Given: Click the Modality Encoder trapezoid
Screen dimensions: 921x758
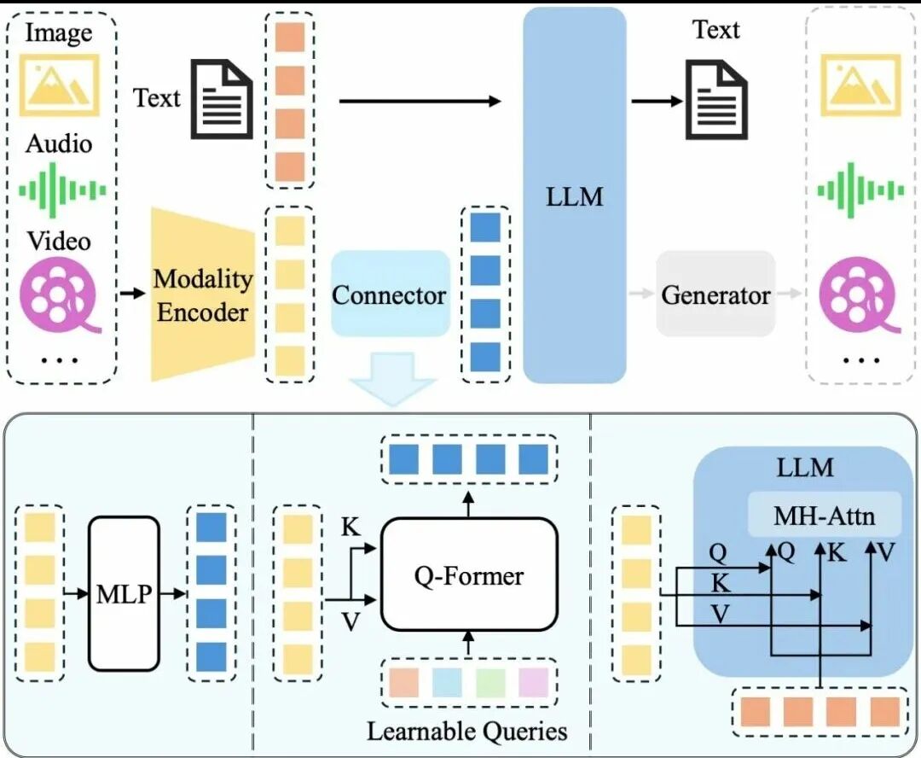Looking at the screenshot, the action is click(203, 294).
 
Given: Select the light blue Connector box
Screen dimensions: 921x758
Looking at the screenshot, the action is click(391, 294).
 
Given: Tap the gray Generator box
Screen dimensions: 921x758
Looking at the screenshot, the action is click(715, 294).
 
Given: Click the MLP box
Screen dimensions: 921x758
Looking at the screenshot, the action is click(124, 593).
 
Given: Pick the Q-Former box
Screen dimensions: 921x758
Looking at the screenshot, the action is click(469, 574).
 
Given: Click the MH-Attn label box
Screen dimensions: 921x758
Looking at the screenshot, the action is click(824, 515).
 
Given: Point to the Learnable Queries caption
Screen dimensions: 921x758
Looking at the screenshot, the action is click(467, 731).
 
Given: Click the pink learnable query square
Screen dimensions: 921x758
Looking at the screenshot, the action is click(533, 683).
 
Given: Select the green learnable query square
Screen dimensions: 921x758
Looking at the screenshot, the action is click(490, 683).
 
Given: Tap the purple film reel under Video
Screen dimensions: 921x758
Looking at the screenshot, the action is click(59, 294).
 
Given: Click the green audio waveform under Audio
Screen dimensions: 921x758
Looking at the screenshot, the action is click(62, 190).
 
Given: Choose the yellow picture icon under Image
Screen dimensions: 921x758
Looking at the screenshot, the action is click(60, 85).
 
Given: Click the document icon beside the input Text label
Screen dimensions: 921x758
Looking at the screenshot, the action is click(221, 99).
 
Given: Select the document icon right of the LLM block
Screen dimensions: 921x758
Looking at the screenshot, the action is click(717, 99).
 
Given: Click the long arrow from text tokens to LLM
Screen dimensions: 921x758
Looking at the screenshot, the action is click(420, 101).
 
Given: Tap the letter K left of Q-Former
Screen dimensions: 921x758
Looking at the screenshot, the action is click(350, 527).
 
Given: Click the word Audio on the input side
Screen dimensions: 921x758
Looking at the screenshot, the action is click(59, 143).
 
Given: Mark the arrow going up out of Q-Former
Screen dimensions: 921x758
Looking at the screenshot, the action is click(468, 504).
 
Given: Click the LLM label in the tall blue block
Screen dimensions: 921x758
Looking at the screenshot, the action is click(575, 196).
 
